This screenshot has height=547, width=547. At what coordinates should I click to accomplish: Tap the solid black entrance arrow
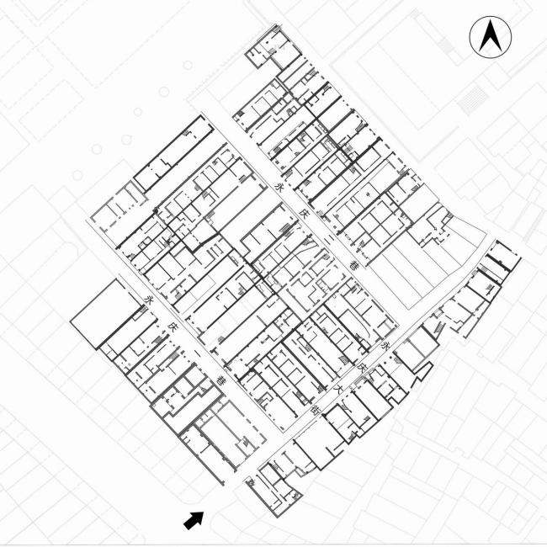[x=194, y=520]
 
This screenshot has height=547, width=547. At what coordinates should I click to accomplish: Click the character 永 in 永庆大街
[x=386, y=346]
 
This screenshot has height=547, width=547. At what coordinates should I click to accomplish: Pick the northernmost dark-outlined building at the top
[x=268, y=50]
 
